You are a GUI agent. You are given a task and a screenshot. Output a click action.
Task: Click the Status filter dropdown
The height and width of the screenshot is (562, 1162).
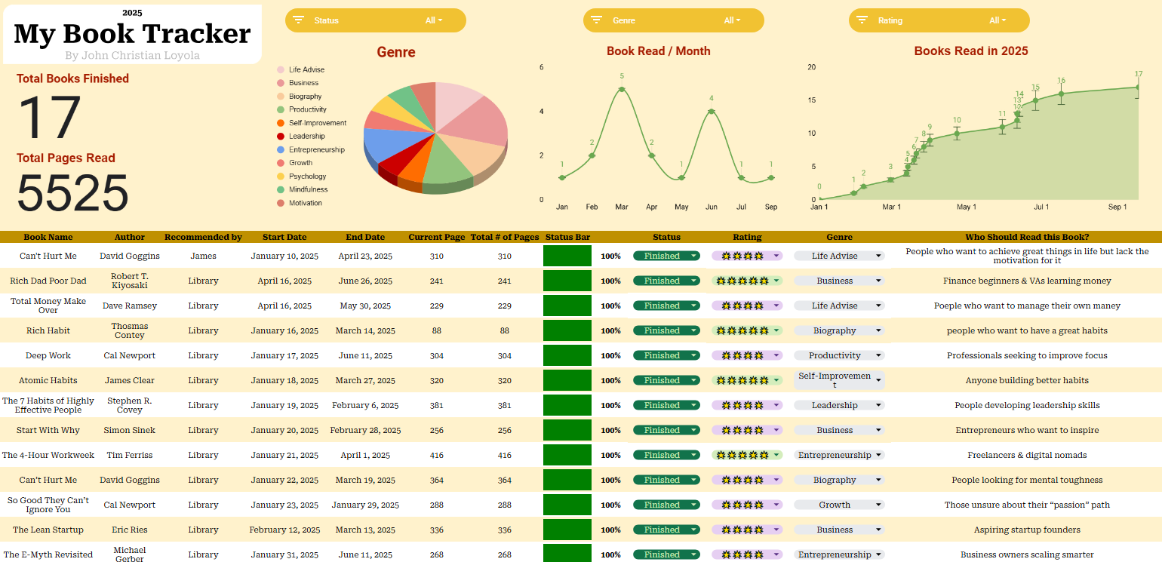[375, 20]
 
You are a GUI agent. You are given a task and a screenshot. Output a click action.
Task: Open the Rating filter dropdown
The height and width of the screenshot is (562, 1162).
[939, 20]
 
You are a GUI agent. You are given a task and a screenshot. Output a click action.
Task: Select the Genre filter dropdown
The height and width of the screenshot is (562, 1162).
[673, 20]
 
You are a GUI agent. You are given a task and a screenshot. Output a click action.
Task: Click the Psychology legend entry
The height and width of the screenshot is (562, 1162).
[307, 177]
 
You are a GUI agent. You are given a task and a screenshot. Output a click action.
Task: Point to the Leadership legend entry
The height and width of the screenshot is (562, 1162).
[306, 137]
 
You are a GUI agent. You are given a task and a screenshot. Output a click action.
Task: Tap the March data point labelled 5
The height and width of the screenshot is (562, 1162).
[622, 89]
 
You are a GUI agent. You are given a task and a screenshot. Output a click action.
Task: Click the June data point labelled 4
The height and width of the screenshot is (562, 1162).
[711, 112]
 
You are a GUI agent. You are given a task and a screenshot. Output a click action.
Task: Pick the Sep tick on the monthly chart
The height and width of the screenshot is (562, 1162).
[770, 207]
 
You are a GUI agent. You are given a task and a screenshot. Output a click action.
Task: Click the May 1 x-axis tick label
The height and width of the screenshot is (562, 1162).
[966, 207]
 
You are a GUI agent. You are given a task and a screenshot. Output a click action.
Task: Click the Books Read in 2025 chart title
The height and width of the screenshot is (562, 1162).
[970, 51]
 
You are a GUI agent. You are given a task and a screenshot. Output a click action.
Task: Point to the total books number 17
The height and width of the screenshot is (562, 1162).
[49, 118]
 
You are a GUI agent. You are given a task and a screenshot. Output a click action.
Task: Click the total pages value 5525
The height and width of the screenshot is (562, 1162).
[72, 193]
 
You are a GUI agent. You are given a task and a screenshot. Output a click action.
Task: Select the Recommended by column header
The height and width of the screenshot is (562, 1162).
[203, 237]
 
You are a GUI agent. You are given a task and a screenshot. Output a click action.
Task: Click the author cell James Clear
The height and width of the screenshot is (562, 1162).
[129, 381]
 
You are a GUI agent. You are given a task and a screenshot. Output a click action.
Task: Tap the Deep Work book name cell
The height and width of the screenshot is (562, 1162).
[48, 356]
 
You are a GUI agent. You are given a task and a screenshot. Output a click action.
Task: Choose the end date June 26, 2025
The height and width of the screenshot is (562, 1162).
[365, 281]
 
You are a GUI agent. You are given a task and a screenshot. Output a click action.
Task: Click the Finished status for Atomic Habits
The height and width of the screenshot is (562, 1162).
[666, 381]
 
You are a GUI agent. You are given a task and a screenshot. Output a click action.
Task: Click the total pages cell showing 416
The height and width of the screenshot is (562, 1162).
[504, 456]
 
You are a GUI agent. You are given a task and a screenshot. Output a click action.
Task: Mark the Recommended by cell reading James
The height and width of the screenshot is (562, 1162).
[203, 256]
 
